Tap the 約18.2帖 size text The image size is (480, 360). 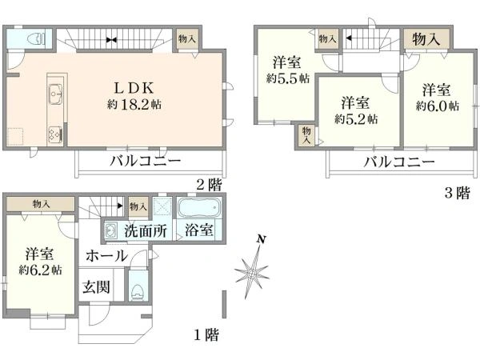[130, 104]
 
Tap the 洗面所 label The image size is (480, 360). [145, 232]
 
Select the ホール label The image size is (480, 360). [105, 256]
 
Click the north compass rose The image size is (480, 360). [254, 270]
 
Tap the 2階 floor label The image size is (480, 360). [210, 184]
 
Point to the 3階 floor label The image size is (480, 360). [457, 192]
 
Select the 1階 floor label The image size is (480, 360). [207, 334]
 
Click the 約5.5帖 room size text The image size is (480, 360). [286, 78]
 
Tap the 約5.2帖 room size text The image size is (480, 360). [356, 118]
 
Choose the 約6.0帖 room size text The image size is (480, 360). [438, 106]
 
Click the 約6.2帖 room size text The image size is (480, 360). [39, 270]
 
